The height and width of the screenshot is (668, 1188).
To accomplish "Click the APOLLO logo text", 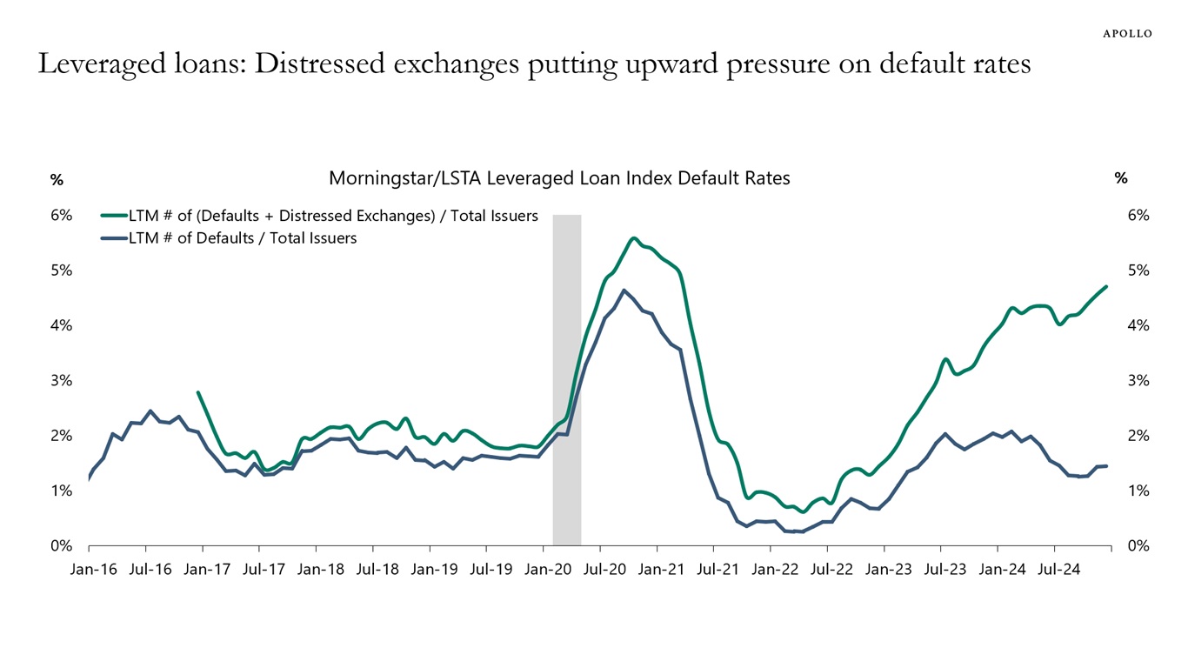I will (1127, 33).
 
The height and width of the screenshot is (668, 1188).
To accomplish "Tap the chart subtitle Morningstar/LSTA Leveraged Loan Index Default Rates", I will (559, 178).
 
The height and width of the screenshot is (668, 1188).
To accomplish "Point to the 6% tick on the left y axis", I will (60, 215).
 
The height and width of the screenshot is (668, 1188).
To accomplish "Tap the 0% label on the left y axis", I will (60, 546).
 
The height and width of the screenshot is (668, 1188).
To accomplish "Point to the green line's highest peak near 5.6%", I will (633, 238).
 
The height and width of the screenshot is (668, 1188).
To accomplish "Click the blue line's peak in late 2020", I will (624, 291).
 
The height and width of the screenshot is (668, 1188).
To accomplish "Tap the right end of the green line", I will (1106, 286).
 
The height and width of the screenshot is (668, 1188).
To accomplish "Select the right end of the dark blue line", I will (1106, 466).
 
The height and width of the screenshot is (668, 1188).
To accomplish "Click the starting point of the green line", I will (198, 392).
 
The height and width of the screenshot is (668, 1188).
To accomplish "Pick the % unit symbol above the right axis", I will (1121, 178).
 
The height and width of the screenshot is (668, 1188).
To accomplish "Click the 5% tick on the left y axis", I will (60, 271).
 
